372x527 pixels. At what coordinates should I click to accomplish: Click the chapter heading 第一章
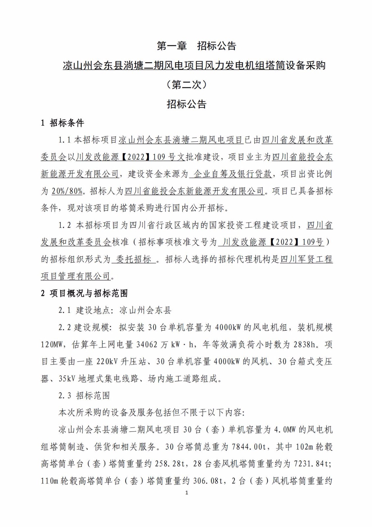pyautogui.click(x=172, y=46)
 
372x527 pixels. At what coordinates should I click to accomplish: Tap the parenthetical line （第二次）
pyautogui.click(x=186, y=85)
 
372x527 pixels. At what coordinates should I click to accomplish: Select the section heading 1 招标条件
pyautogui.click(x=62, y=123)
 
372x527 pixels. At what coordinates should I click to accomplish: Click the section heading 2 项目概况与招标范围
pyautogui.click(x=84, y=293)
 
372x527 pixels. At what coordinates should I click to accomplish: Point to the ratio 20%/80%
pyautogui.click(x=67, y=191)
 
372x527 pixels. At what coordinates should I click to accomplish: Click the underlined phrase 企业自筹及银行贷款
pyautogui.click(x=233, y=174)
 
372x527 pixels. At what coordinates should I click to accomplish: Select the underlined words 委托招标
pyautogui.click(x=133, y=259)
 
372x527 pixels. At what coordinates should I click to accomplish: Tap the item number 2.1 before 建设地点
pyautogui.click(x=65, y=310)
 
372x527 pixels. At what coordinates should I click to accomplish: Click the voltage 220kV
pyautogui.click(x=108, y=362)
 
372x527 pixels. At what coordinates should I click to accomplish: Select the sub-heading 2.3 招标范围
pyautogui.click(x=84, y=396)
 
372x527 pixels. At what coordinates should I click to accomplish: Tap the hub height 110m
pyautogui.click(x=50, y=481)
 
